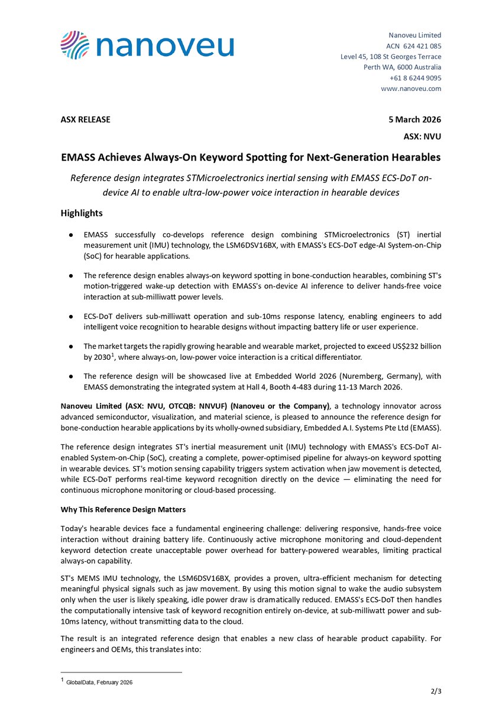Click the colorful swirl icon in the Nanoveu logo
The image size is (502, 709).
click(75, 45)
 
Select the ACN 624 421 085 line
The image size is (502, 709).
click(413, 46)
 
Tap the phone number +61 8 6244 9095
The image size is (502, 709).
click(415, 78)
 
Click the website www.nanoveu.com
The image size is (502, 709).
click(411, 89)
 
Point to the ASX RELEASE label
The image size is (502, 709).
click(85, 119)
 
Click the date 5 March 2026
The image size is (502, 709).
click(414, 119)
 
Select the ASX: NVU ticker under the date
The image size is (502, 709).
click(422, 136)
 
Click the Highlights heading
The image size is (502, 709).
click(82, 213)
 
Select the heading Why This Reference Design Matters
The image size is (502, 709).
click(122, 509)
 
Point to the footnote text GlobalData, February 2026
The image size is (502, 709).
click(100, 682)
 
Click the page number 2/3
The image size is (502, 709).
click(436, 691)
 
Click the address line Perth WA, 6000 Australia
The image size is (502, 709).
click(402, 67)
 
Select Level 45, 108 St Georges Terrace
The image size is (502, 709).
click(391, 57)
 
